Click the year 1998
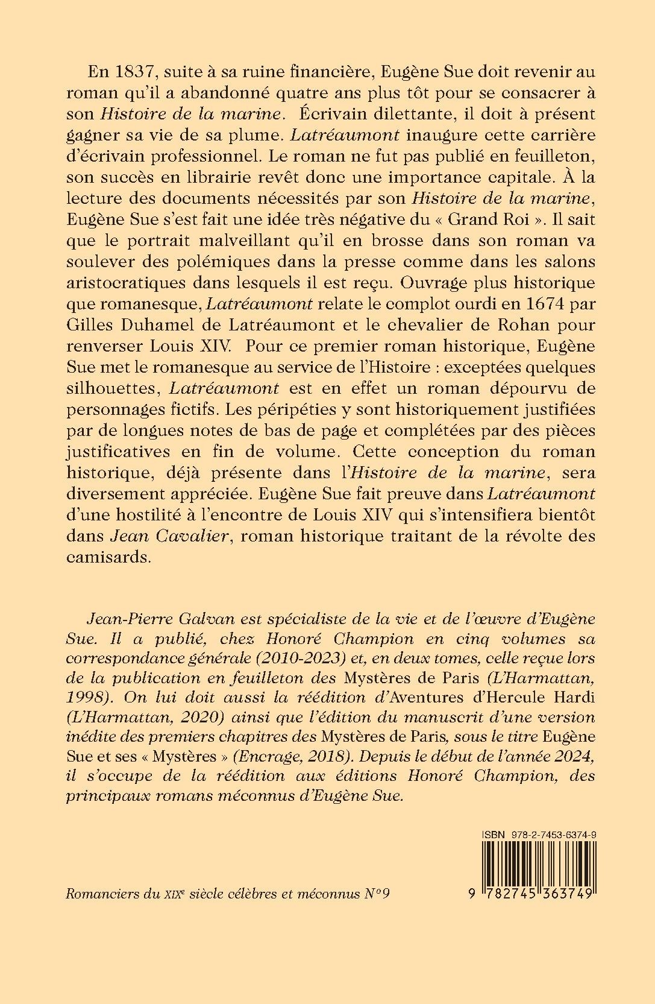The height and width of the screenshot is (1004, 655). click(x=86, y=698)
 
